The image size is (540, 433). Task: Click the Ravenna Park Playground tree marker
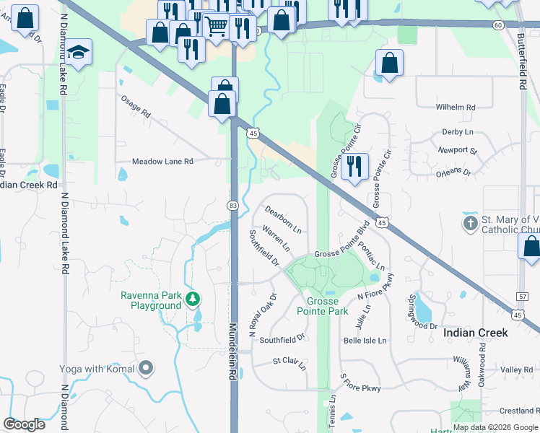click(x=192, y=298)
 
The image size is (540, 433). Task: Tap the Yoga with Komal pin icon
click(x=147, y=369)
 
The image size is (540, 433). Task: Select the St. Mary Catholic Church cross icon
click(x=471, y=222)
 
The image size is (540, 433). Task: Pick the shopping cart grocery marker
click(x=216, y=26)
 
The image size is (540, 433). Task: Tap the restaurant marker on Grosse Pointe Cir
click(x=354, y=167)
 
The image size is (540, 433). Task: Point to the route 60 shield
click(x=498, y=25)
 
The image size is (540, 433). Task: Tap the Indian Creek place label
click(x=476, y=333)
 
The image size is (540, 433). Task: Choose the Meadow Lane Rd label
click(x=162, y=162)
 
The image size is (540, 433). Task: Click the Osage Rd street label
click(x=135, y=108)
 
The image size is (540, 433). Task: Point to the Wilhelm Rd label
click(x=456, y=108)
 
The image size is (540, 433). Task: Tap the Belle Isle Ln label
click(x=365, y=341)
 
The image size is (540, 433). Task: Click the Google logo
click(x=25, y=424)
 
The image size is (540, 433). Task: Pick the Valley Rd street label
click(x=517, y=369)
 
